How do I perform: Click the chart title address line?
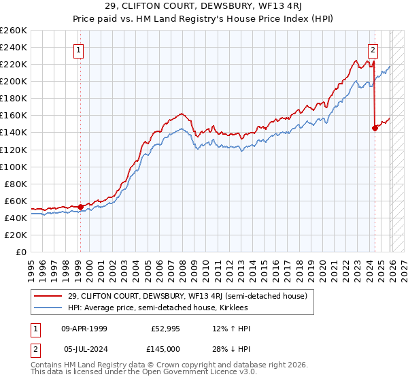pos(204,6)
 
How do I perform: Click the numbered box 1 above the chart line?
pos(80,50)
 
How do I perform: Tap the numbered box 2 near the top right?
pos(373,50)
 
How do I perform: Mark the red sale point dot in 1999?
pos(80,206)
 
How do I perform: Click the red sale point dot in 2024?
pos(375,128)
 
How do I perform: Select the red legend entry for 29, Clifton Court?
pos(187,296)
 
